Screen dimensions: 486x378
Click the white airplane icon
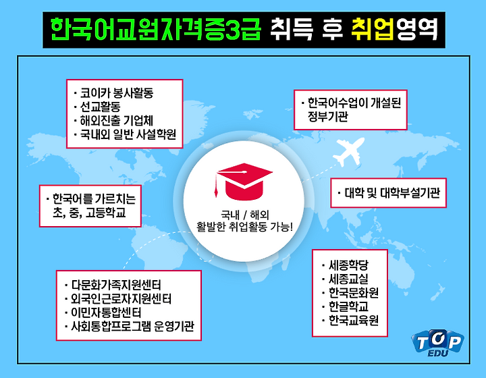(350, 153)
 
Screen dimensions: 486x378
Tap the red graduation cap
(244, 182)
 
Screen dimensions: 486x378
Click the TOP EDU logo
(437, 343)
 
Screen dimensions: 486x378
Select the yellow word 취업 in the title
(373, 30)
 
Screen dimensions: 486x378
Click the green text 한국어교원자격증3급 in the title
(156, 30)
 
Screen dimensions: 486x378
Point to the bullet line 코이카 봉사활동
(114, 92)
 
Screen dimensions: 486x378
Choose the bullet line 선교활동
(97, 107)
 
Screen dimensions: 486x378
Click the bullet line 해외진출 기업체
(113, 121)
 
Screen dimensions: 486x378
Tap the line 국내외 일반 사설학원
(125, 134)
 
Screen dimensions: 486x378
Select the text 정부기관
(328, 117)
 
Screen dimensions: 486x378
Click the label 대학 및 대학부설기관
(389, 193)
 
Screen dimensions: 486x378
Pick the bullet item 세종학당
(346, 265)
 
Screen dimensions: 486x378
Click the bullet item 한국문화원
(350, 293)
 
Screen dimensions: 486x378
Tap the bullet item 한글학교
(346, 306)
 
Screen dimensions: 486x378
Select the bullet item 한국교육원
(350, 320)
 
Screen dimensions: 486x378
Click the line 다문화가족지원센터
(113, 285)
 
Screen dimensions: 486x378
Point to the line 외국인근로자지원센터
(118, 298)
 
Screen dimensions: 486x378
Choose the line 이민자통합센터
(103, 313)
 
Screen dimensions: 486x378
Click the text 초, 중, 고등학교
(89, 213)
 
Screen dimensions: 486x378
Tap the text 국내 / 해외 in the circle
(244, 215)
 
